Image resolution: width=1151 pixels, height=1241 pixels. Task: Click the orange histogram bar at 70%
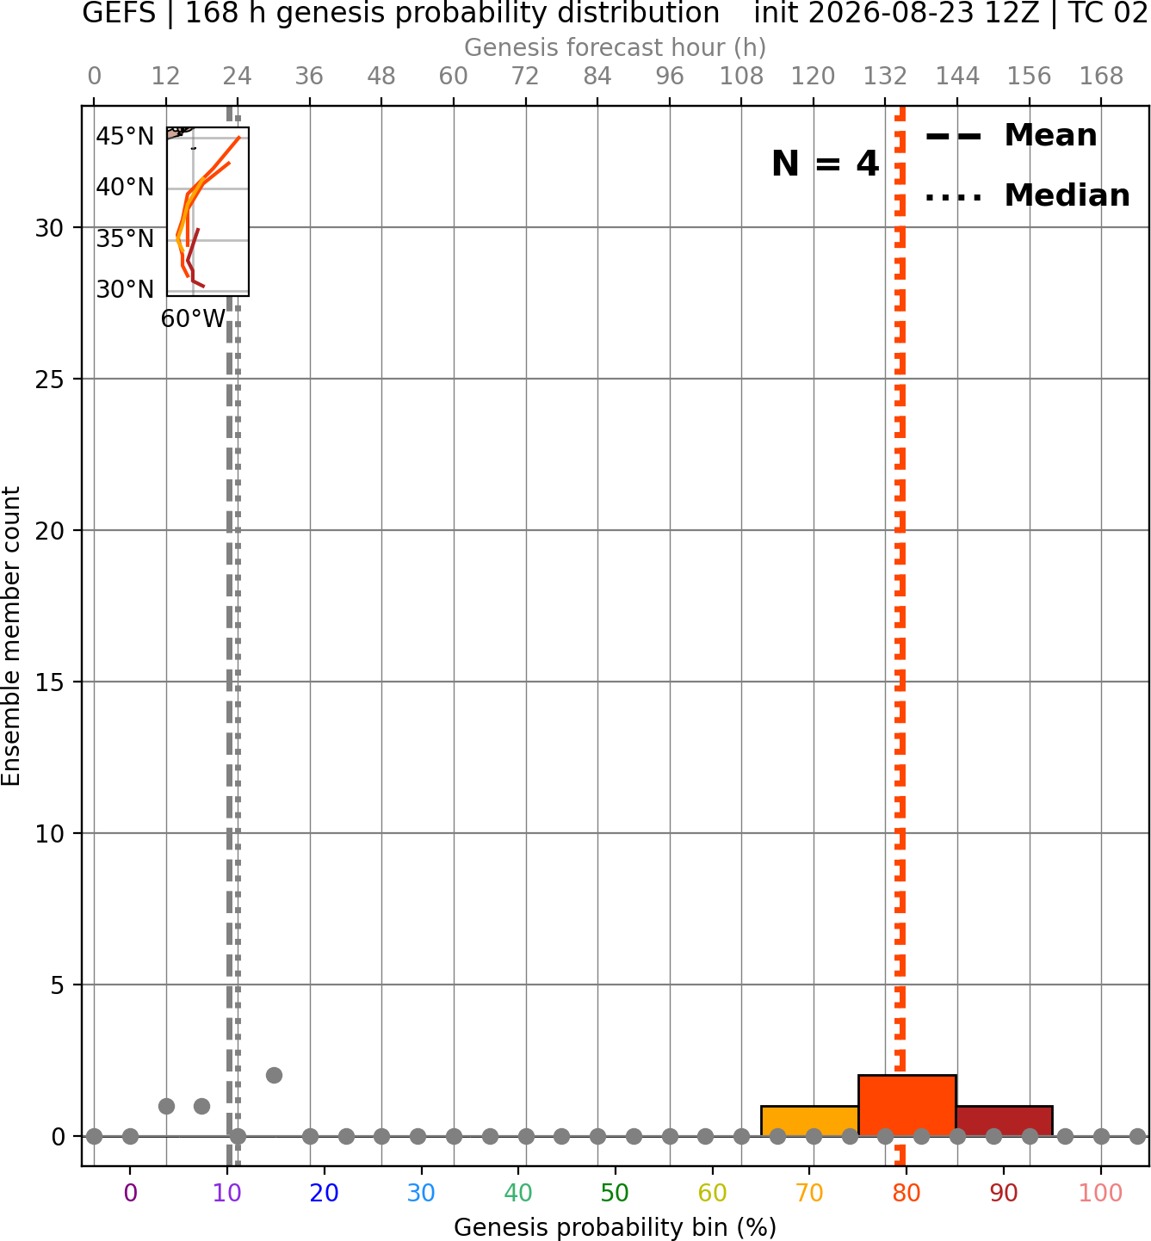809,1121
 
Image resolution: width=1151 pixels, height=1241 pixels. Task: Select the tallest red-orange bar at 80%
907,1105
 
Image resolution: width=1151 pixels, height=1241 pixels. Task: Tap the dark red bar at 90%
1005,1121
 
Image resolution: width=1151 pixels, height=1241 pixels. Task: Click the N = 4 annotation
826,164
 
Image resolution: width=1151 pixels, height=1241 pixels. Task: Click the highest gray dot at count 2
274,1076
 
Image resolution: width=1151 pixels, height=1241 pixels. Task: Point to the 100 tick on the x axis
1101,1193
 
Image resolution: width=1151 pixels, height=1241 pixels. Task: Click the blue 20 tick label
325,1193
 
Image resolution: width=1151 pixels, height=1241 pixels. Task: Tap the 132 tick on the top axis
885,77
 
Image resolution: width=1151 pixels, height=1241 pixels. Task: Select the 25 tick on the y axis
49,380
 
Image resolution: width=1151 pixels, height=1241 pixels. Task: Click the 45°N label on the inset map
125,136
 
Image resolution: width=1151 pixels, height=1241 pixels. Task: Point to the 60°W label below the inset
193,318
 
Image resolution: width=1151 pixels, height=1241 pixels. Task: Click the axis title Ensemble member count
10,636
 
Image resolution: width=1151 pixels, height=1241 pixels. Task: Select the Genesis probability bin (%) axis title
616,1227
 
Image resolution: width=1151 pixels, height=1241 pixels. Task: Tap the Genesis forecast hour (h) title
616,47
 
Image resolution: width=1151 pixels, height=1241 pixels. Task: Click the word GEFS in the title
119,14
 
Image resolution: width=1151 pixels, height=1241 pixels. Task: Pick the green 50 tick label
615,1193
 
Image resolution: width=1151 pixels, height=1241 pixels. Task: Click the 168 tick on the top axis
1101,77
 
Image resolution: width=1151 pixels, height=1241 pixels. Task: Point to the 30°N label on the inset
125,289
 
